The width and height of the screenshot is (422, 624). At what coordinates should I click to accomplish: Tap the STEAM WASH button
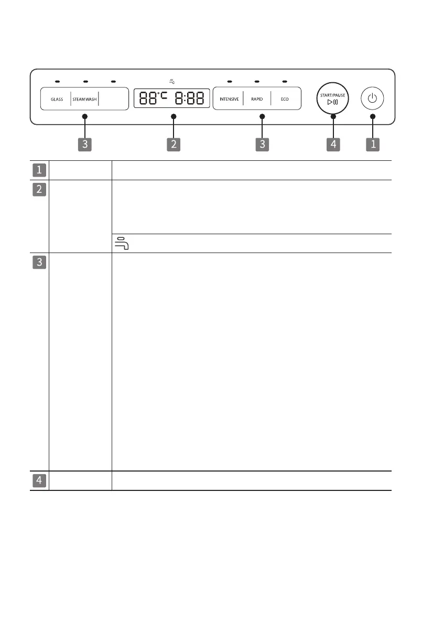84,99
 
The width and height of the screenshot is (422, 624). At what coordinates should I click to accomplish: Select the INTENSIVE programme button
229,99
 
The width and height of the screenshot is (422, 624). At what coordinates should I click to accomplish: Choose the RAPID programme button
257,99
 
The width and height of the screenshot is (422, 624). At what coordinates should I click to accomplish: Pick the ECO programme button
285,99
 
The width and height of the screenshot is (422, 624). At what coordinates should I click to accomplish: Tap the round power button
372,98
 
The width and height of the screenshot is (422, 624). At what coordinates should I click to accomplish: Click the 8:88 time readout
189,98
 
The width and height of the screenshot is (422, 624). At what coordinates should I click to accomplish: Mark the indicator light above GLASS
57,82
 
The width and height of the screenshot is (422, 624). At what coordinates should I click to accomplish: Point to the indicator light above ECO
285,82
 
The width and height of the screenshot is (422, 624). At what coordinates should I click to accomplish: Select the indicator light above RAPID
257,82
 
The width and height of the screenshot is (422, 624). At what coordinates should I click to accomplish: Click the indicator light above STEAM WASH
85,82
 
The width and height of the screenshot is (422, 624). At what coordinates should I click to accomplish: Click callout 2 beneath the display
174,144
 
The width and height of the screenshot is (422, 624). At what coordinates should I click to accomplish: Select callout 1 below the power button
373,144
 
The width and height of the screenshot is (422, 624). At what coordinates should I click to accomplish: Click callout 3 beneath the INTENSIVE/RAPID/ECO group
263,144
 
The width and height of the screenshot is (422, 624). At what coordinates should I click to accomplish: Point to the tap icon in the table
121,243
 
